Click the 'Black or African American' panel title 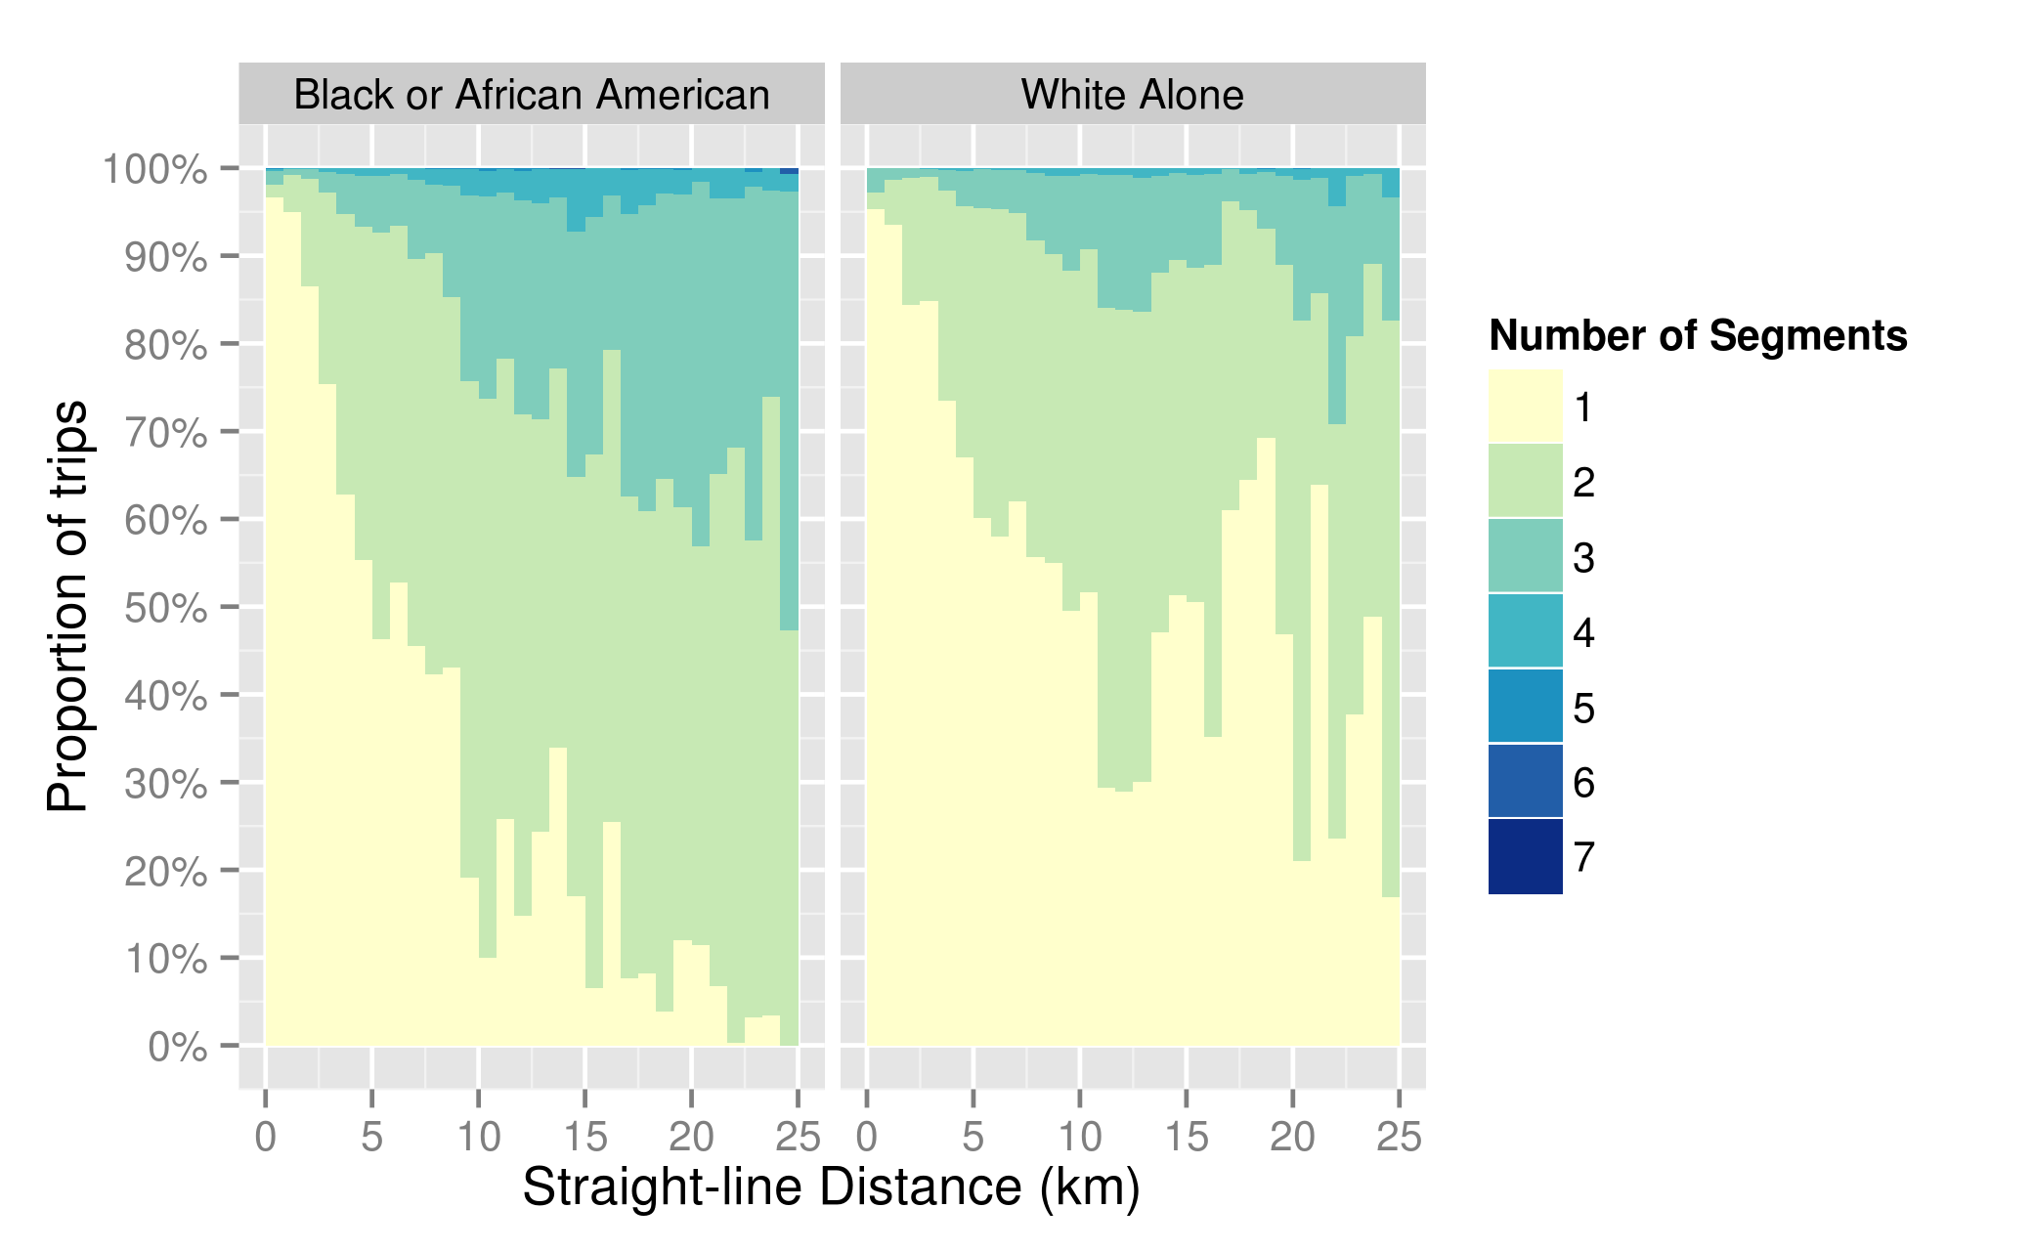532,95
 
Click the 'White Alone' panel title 1132,95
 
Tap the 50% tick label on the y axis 166,609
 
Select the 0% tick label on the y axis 178,1048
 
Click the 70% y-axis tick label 166,433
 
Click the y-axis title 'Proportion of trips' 67,606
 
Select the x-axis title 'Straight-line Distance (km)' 831,1187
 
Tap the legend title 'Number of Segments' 1698,336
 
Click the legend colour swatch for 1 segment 1525,407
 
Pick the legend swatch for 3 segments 1525,556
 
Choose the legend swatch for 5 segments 1525,707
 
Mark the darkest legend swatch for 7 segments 1525,857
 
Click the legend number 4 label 1584,633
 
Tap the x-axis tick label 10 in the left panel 478,1138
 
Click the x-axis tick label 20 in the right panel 1292,1138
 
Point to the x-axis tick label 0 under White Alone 867,1138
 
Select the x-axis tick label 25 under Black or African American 798,1138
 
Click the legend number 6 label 1584,783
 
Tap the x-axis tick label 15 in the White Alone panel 1186,1138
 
